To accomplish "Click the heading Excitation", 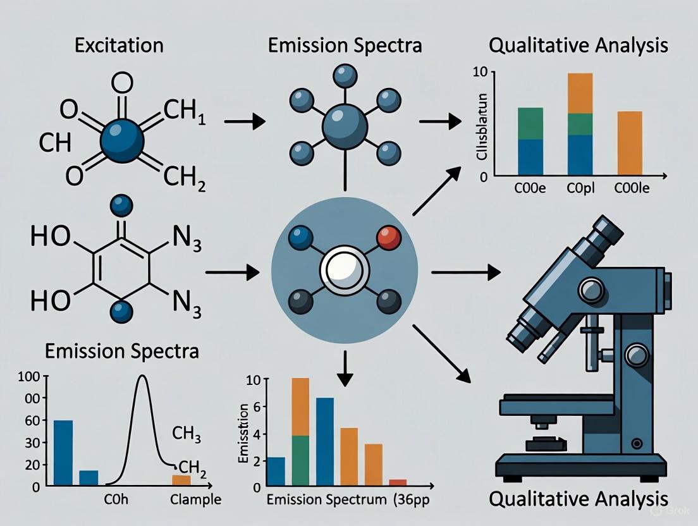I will [118, 46].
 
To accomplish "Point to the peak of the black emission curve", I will [142, 377].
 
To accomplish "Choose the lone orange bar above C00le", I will [629, 142].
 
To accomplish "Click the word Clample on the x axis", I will [196, 499].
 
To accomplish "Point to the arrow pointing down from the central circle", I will [344, 373].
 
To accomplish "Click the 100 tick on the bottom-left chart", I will [31, 377].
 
